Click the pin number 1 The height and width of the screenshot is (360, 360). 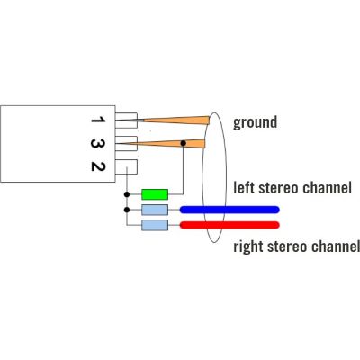coord(98,120)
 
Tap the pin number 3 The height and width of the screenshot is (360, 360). coord(98,144)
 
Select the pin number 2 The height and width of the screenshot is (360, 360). coord(98,166)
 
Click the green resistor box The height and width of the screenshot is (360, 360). coord(155,194)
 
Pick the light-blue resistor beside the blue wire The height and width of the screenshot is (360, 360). coord(155,210)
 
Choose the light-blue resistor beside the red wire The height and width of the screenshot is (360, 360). coord(155,225)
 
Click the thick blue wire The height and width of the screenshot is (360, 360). coord(229,210)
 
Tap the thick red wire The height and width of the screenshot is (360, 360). coord(229,225)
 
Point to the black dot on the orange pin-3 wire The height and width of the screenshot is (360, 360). coord(184,143)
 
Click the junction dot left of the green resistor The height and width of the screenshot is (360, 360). coord(127,194)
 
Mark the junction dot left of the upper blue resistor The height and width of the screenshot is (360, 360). coord(127,210)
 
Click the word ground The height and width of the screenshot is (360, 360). coord(255,122)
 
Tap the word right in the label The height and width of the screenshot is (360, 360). coord(248,247)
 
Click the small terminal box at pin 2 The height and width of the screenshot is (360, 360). coord(126,166)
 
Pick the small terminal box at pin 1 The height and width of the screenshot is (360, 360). coord(126,121)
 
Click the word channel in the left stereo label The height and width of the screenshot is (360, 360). coord(327,187)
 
